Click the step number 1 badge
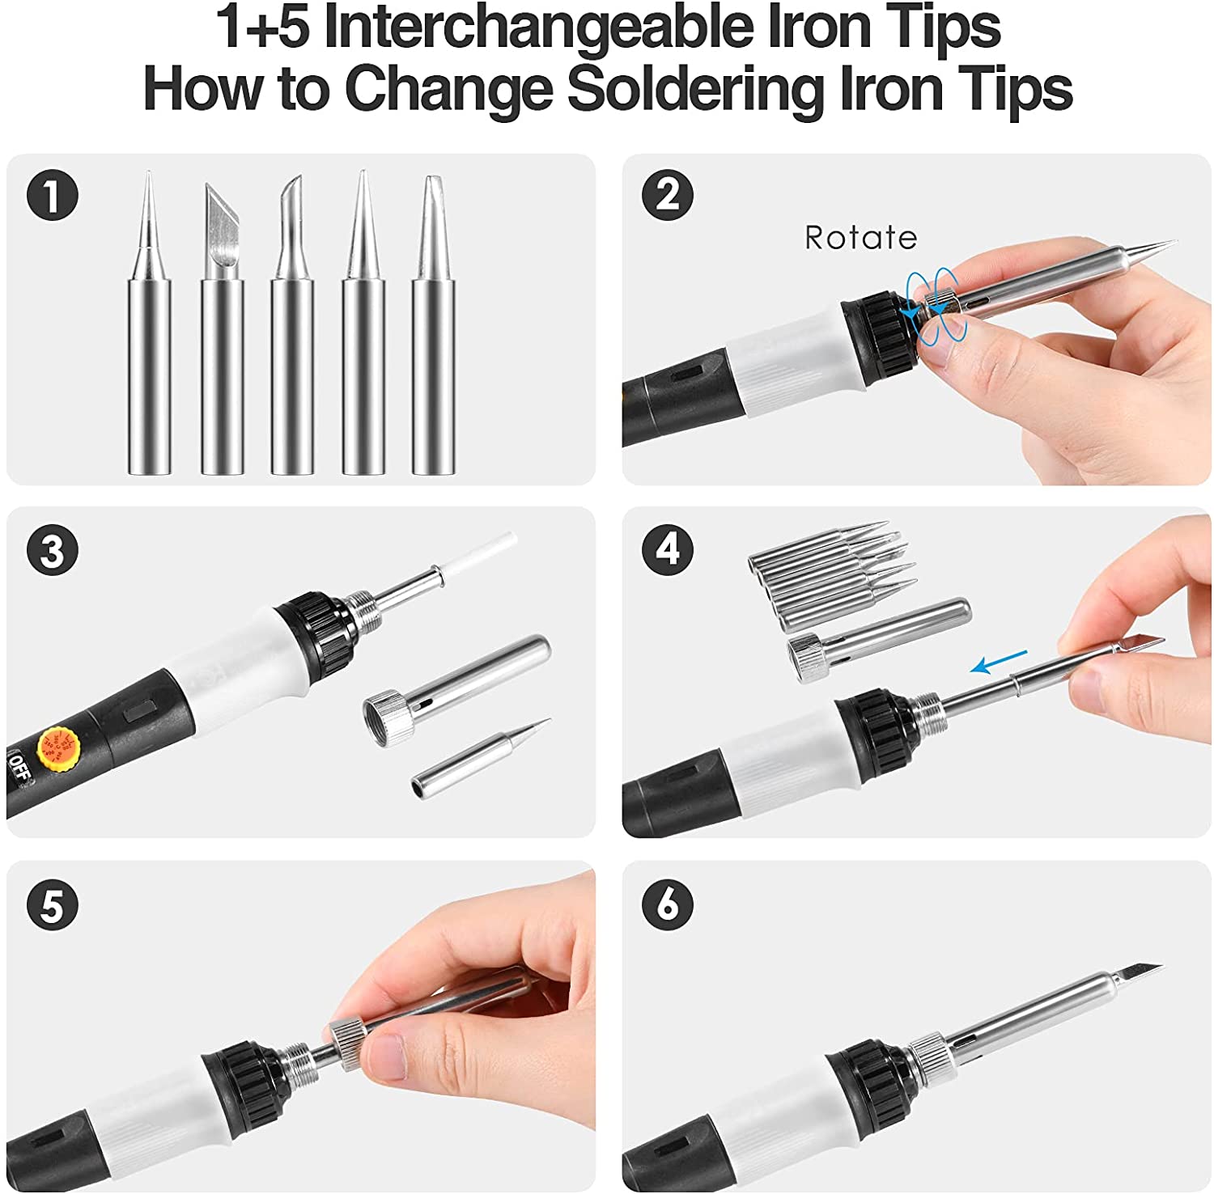pyautogui.click(x=53, y=195)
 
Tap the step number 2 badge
pyautogui.click(x=668, y=195)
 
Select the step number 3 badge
pyautogui.click(x=53, y=553)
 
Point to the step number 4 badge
pyautogui.click(x=668, y=550)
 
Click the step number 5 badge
pyautogui.click(x=53, y=905)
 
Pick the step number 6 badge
pyautogui.click(x=668, y=904)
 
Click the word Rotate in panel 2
pyautogui.click(x=860, y=238)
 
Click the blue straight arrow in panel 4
pyautogui.click(x=999, y=661)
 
